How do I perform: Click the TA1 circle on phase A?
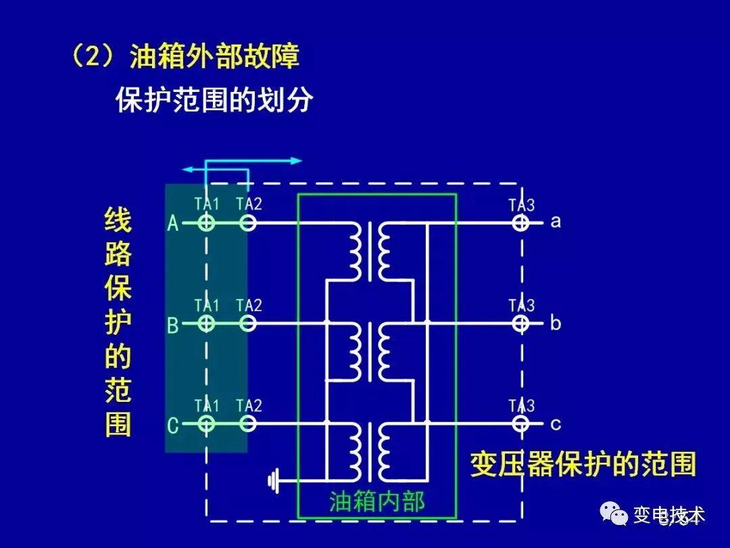coord(206,222)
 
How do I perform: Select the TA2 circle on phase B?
coord(248,323)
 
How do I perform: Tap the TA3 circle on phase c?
coord(520,424)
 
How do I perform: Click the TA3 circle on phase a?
coord(520,222)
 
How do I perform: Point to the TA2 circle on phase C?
coord(248,424)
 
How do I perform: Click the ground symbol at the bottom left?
coord(274,482)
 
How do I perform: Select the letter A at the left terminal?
coord(173,223)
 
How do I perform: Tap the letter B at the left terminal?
coord(173,325)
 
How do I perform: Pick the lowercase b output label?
coord(556,323)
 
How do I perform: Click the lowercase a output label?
coord(556,222)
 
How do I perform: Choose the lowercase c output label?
coord(556,425)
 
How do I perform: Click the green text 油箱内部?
coord(377,501)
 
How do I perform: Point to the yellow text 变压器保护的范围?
coord(583,465)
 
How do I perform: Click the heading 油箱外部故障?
coord(214,57)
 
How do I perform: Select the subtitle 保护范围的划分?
coord(215,100)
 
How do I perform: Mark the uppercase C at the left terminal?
coord(173,426)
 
